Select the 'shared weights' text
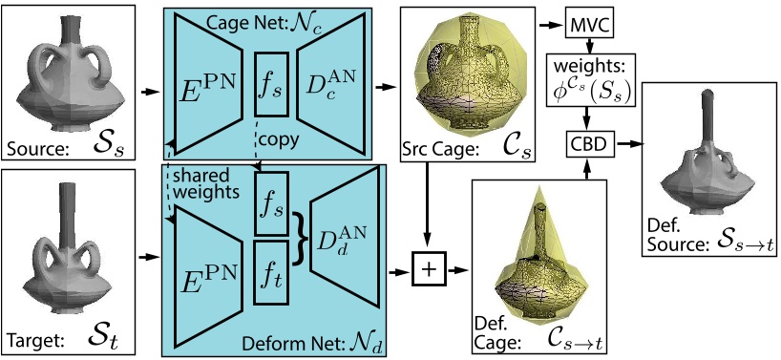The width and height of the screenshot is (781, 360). (205, 185)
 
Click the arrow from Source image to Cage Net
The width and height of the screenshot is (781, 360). (148, 93)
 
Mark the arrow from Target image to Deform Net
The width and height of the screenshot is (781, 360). (148, 256)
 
